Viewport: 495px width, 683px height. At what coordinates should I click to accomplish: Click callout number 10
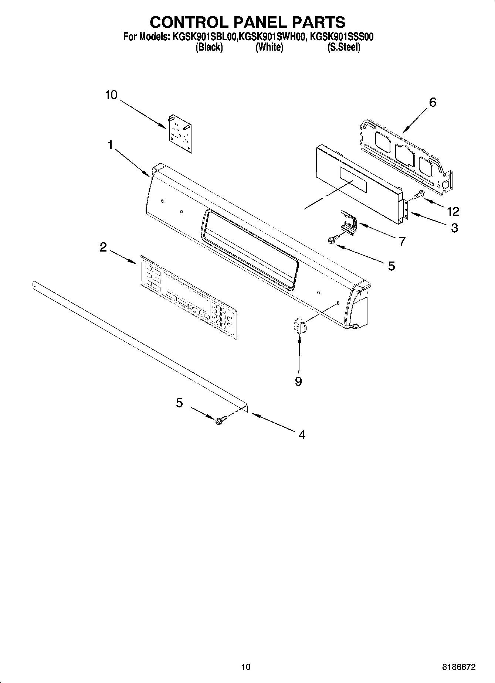point(111,95)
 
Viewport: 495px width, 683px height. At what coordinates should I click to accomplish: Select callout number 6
point(432,102)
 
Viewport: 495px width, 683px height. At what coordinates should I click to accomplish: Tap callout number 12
point(453,211)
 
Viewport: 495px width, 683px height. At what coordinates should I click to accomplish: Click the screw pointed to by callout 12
point(420,195)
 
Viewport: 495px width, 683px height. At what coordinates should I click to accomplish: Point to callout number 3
point(454,228)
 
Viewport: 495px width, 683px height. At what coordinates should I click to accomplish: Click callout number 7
point(402,241)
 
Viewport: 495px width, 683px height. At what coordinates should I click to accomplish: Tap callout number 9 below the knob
point(298,381)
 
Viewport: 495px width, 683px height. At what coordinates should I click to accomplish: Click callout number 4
point(302,435)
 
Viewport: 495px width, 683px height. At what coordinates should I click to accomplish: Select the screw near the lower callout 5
point(220,420)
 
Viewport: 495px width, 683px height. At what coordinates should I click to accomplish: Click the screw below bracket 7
point(332,240)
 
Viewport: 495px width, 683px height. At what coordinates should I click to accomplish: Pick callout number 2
point(104,247)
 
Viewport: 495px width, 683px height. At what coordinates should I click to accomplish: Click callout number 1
point(110,146)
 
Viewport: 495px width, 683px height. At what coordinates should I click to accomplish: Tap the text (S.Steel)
point(344,47)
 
